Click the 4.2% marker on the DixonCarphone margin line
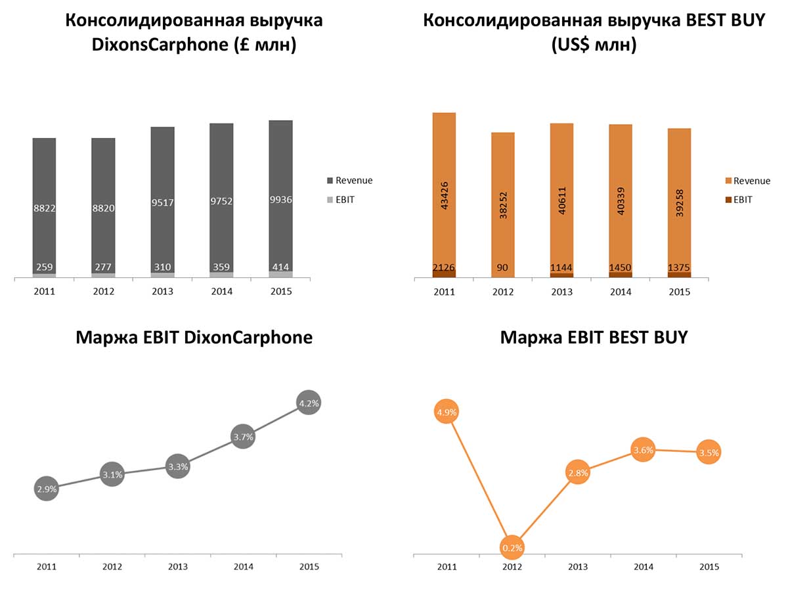pyautogui.click(x=309, y=404)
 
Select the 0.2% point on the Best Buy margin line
pyautogui.click(x=512, y=547)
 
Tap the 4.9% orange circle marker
pyautogui.click(x=446, y=412)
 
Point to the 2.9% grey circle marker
pyautogui.click(x=47, y=489)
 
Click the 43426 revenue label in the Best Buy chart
pyautogui.click(x=444, y=195)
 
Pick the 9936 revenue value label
pyautogui.click(x=280, y=200)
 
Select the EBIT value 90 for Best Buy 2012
pyautogui.click(x=503, y=267)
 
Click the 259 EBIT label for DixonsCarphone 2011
pyautogui.click(x=44, y=267)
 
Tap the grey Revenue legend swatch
pyautogui.click(x=330, y=181)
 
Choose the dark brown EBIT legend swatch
pyautogui.click(x=728, y=200)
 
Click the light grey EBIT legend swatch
pyautogui.click(x=330, y=200)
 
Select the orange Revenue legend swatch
pyautogui.click(x=728, y=181)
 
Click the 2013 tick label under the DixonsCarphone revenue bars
pyautogui.click(x=162, y=291)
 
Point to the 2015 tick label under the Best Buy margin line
pyautogui.click(x=709, y=567)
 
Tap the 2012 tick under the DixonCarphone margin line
pyautogui.click(x=112, y=567)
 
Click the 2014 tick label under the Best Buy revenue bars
pyautogui.click(x=621, y=292)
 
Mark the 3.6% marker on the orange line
pyautogui.click(x=643, y=450)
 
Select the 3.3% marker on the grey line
pyautogui.click(x=177, y=467)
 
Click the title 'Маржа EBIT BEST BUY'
pyautogui.click(x=594, y=338)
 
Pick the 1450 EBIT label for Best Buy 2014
pyautogui.click(x=621, y=267)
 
